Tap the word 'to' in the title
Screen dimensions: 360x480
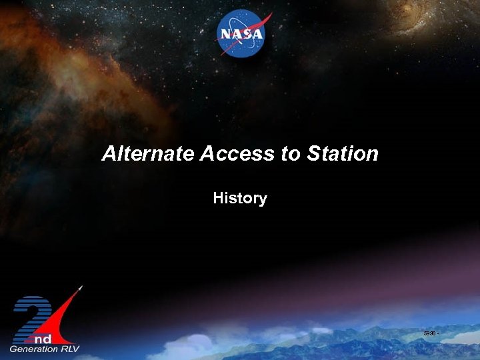pos(291,154)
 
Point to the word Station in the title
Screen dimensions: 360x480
pos(343,154)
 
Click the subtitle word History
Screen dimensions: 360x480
pos(240,198)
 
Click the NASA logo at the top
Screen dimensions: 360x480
pos(241,35)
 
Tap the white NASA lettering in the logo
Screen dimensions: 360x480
pos(241,35)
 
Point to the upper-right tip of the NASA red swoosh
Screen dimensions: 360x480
pos(271,14)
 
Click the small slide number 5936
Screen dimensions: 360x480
pos(430,333)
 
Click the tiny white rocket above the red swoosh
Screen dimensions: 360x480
pos(81,288)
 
